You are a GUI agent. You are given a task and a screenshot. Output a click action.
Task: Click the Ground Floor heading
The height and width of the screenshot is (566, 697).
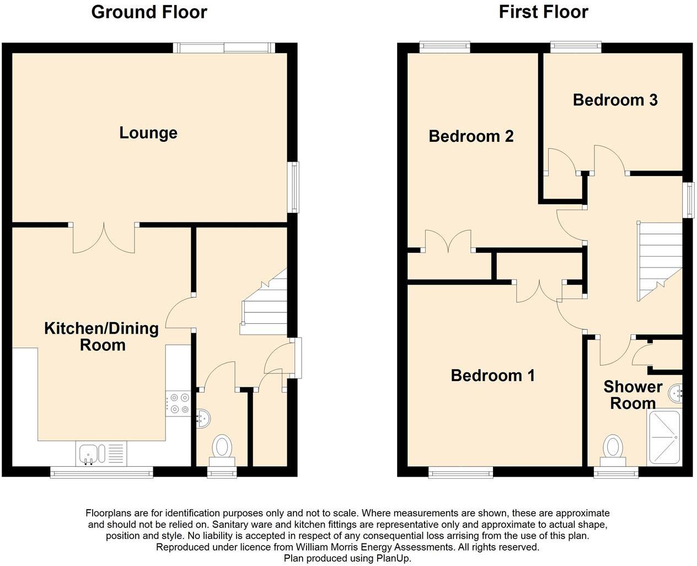tap(149, 12)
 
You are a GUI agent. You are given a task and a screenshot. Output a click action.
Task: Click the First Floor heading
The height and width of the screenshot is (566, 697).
tap(543, 12)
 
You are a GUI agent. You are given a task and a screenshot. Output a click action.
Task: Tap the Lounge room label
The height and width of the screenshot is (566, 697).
tap(148, 133)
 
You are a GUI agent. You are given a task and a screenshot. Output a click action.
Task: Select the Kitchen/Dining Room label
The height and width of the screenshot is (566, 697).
tap(101, 337)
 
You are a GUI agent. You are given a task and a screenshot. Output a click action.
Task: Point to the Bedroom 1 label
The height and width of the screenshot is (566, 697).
tap(492, 376)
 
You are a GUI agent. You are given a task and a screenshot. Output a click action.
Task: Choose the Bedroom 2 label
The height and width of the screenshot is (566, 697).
tap(471, 136)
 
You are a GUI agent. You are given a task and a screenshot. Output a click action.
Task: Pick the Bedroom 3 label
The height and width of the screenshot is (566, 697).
tap(615, 100)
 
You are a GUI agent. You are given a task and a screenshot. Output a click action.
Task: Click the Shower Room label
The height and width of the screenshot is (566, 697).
tap(632, 395)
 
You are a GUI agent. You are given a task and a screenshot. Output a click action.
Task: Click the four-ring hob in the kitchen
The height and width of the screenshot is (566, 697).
tap(178, 403)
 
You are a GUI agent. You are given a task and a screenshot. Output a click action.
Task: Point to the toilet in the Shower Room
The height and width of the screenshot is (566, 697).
tap(613, 447)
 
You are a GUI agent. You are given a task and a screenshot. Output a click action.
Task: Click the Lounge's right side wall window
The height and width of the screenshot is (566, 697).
tap(295, 187)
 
